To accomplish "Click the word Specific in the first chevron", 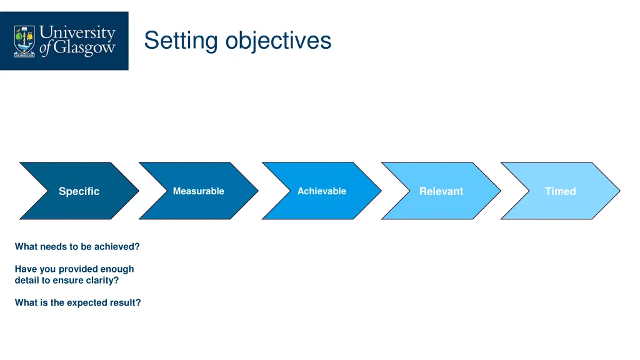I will (x=79, y=191).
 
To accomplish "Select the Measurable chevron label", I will (x=198, y=191).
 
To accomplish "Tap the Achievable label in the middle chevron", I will (x=321, y=191).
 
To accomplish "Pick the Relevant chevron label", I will (x=441, y=191).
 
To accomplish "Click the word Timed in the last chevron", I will (x=560, y=191).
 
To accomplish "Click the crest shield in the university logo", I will (x=25, y=41).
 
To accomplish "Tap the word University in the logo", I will (x=77, y=32).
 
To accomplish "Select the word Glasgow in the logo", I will (x=84, y=49).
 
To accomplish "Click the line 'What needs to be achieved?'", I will (x=77, y=247).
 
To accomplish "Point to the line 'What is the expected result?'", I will (x=77, y=302).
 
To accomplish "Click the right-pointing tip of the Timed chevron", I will (x=618, y=191).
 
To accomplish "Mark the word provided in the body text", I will (x=77, y=269).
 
